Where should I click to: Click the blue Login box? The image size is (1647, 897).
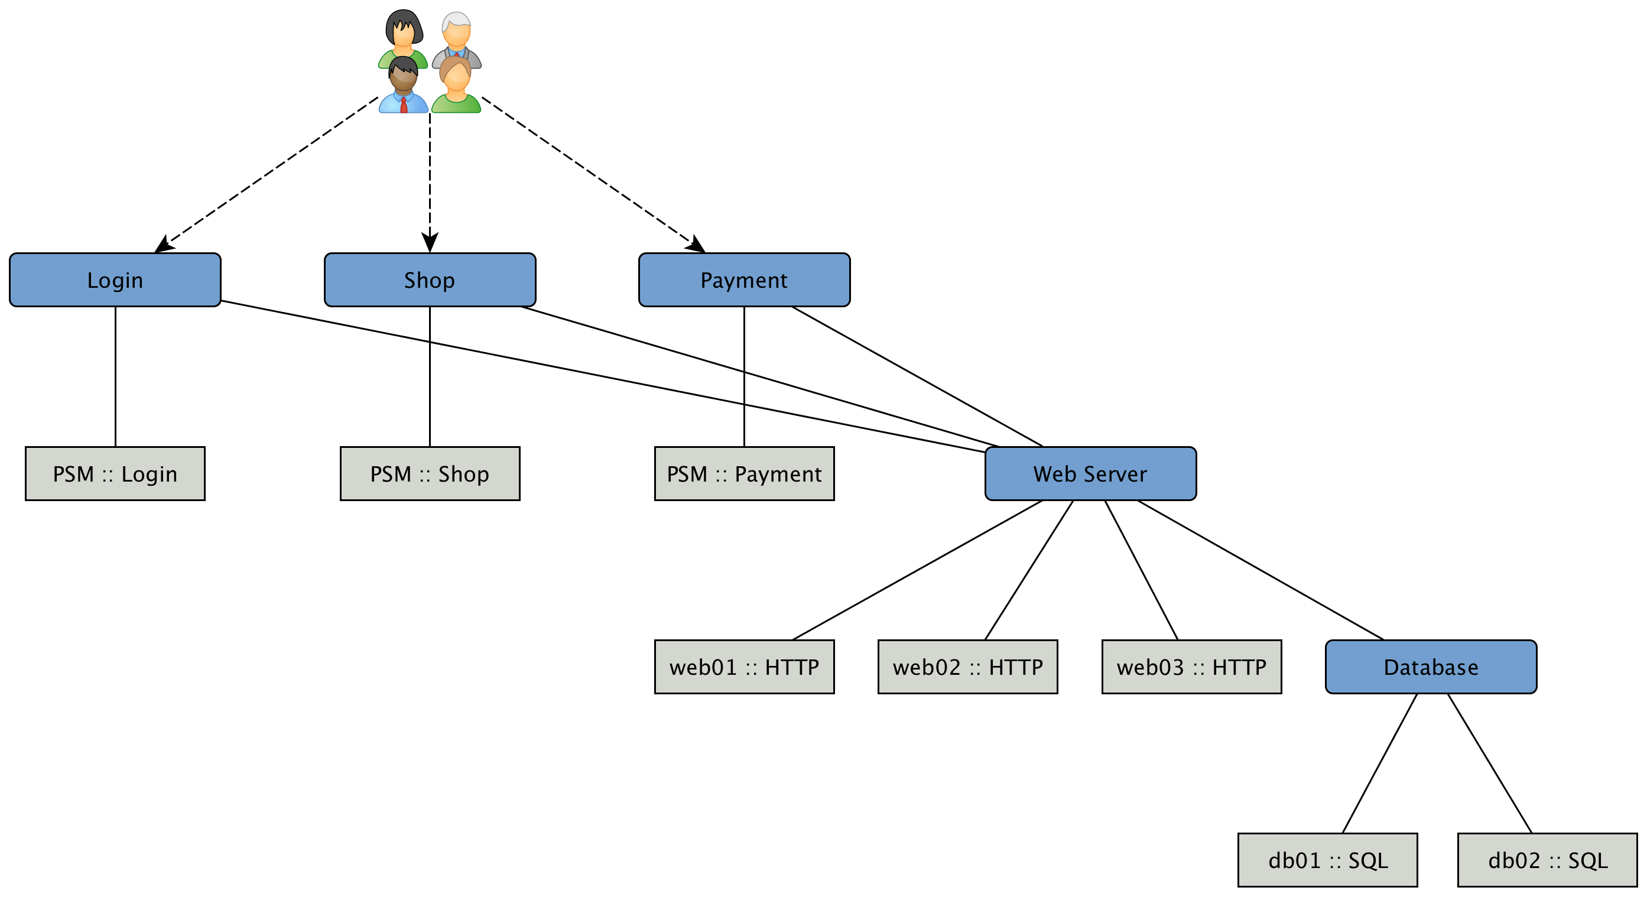point(115,280)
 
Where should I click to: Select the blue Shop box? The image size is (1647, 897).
point(430,280)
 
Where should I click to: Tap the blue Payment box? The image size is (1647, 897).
point(744,280)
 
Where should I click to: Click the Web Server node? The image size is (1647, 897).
point(1090,474)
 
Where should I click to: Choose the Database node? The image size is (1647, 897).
point(1431,667)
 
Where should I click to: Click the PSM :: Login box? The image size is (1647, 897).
point(115,474)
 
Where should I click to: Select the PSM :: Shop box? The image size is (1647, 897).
point(430,474)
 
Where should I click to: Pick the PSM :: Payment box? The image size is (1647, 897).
point(744,474)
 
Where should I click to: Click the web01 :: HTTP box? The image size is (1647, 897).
point(744,667)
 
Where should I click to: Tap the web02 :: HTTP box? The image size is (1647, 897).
point(967,667)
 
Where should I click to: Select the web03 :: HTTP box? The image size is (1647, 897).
point(1191,667)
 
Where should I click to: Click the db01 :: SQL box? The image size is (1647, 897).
point(1327,860)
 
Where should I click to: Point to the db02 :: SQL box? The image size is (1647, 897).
point(1547,860)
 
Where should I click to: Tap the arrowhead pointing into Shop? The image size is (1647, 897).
point(430,243)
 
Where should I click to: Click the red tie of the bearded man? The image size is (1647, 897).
point(404,106)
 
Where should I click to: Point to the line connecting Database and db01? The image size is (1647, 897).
point(1380,763)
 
